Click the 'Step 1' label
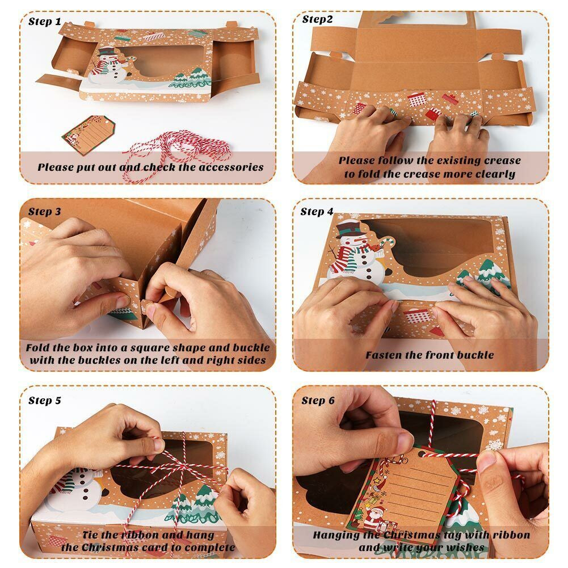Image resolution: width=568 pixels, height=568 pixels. coord(45,22)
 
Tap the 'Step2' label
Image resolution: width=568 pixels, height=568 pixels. coord(317,19)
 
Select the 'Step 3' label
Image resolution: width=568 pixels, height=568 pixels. coord(45,212)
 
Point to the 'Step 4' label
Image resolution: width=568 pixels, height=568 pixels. coord(317,212)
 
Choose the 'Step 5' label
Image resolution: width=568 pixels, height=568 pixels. coord(45,401)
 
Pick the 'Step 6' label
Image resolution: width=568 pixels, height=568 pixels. coord(318,401)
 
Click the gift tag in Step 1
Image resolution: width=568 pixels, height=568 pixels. coord(89,134)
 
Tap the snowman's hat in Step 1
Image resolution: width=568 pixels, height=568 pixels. coord(106,51)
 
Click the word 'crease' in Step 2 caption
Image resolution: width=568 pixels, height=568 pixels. coord(502,161)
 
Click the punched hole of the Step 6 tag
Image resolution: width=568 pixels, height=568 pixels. coord(421,453)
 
